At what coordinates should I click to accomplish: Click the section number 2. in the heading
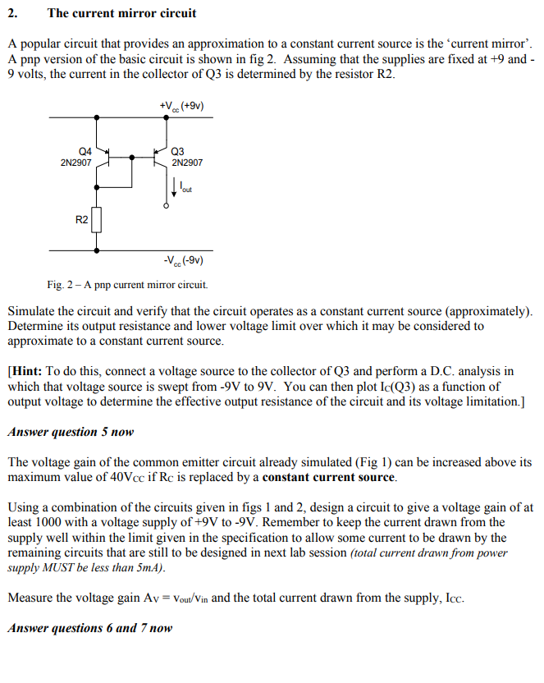click(x=13, y=13)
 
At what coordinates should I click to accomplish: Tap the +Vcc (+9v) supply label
click(x=182, y=106)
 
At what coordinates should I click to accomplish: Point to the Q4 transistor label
click(x=85, y=151)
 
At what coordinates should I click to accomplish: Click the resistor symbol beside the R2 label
click(x=98, y=220)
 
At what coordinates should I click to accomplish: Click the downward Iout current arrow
click(x=174, y=188)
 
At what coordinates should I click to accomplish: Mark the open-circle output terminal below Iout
click(x=167, y=206)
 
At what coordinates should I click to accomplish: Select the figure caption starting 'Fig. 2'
click(x=127, y=285)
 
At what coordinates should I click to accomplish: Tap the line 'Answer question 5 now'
click(x=71, y=432)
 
